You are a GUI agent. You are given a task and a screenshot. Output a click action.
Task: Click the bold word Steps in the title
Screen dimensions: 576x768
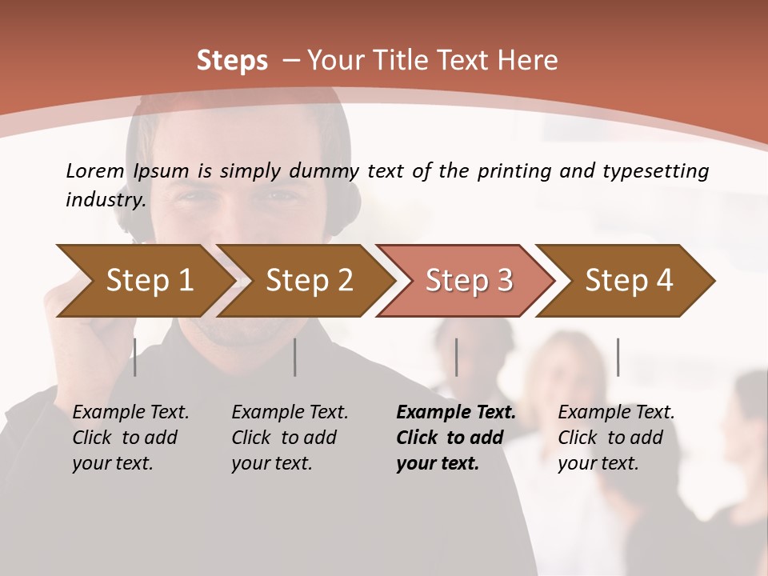(232, 61)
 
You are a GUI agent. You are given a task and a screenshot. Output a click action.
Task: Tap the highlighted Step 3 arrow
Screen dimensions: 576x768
(469, 281)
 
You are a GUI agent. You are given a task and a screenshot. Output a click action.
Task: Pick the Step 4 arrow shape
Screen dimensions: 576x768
(629, 281)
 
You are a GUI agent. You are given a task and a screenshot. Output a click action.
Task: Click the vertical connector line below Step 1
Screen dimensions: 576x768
(135, 357)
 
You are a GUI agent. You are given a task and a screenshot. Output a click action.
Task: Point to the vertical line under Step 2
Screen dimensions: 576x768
(295, 357)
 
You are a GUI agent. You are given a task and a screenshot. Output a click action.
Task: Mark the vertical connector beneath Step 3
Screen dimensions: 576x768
(456, 357)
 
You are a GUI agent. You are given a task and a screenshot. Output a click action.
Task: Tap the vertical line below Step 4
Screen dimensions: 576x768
(618, 357)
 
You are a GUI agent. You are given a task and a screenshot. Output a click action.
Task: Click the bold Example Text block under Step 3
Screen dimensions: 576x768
(455, 438)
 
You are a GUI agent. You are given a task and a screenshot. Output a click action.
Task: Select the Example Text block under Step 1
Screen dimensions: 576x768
(130, 438)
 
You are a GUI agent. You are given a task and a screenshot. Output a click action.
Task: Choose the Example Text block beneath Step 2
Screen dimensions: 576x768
(290, 438)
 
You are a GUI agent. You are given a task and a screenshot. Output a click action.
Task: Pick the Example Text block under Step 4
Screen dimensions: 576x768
(616, 438)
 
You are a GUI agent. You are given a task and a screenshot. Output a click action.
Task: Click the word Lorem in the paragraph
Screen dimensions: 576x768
(95, 171)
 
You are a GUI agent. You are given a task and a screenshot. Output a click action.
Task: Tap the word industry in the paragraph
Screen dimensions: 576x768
(106, 200)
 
